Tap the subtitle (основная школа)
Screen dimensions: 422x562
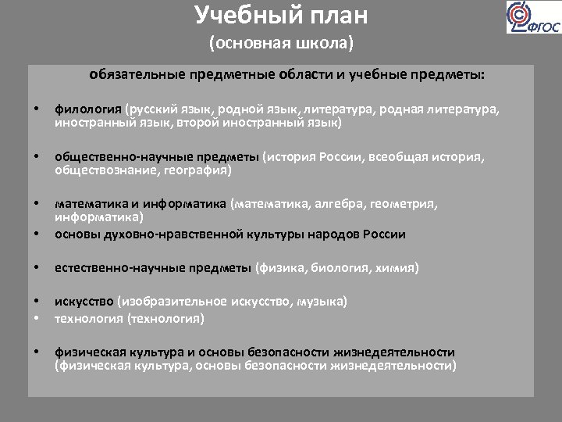point(281,43)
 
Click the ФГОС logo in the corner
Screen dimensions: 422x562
point(532,17)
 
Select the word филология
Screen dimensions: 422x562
point(87,110)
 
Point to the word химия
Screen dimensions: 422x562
point(396,268)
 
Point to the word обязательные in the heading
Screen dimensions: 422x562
point(137,76)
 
